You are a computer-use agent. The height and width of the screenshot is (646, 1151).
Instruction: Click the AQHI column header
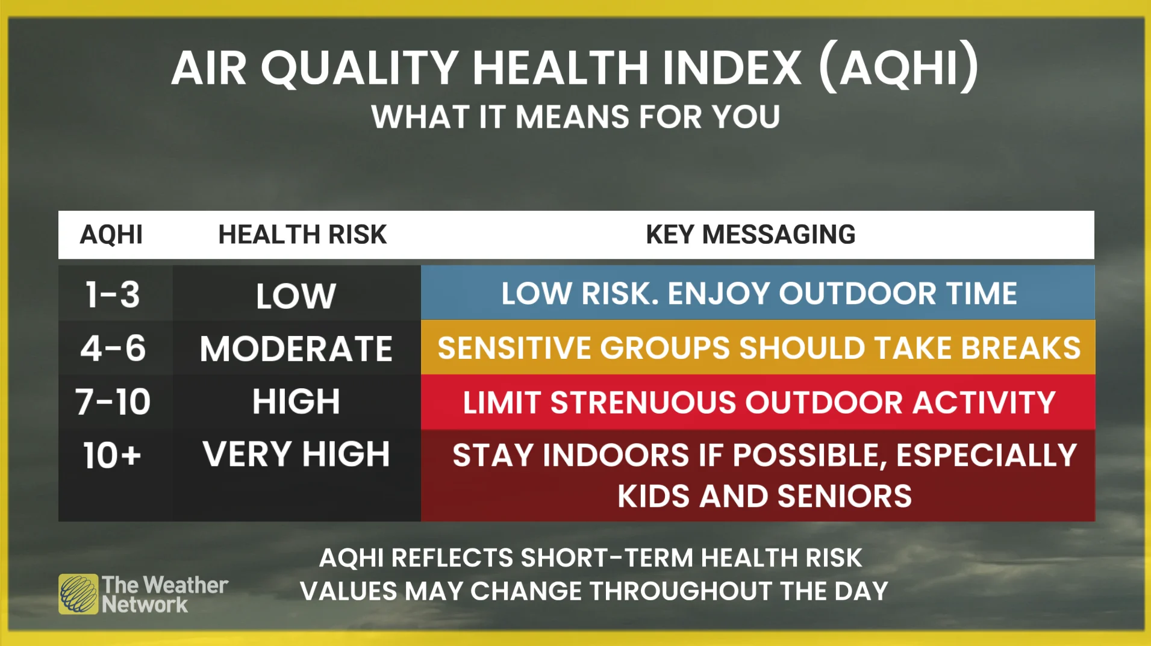[111, 234]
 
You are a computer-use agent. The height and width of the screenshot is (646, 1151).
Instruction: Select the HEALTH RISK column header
[302, 234]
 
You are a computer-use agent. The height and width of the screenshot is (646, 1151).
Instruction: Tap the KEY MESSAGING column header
[750, 234]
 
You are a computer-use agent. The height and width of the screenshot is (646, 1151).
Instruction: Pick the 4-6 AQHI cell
[113, 348]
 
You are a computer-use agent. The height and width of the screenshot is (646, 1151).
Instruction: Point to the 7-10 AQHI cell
[113, 402]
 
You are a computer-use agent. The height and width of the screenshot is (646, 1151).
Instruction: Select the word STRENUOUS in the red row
[643, 402]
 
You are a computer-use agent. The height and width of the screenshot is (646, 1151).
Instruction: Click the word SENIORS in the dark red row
[844, 496]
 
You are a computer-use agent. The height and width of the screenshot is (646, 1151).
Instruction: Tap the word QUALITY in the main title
[360, 68]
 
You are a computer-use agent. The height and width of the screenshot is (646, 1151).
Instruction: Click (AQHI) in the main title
[899, 67]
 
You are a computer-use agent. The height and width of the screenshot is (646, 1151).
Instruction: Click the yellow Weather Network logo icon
[78, 594]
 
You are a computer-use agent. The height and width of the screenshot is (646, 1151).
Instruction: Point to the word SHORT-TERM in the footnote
[607, 558]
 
